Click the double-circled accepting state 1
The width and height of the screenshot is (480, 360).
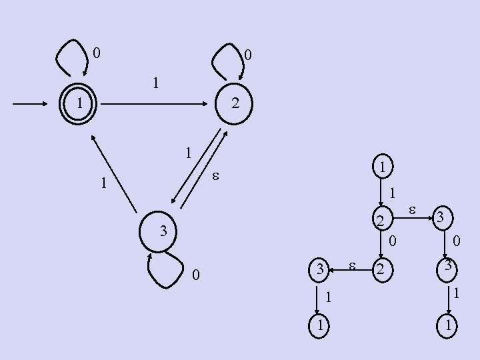pyautogui.click(x=79, y=104)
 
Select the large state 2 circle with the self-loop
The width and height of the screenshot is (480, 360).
pyautogui.click(x=234, y=104)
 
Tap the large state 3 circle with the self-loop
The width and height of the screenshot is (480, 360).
pyautogui.click(x=162, y=231)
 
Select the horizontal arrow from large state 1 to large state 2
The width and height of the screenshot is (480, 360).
pyautogui.click(x=153, y=105)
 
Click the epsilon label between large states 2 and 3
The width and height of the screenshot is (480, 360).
pyautogui.click(x=215, y=177)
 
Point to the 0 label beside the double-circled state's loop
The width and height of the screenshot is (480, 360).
pyautogui.click(x=97, y=51)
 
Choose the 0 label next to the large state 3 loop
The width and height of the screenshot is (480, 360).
pyautogui.click(x=195, y=275)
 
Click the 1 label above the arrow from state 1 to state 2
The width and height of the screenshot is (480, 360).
pyautogui.click(x=155, y=83)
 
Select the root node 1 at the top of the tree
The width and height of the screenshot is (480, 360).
pyautogui.click(x=381, y=167)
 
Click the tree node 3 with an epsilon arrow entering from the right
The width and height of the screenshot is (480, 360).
pyautogui.click(x=320, y=269)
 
